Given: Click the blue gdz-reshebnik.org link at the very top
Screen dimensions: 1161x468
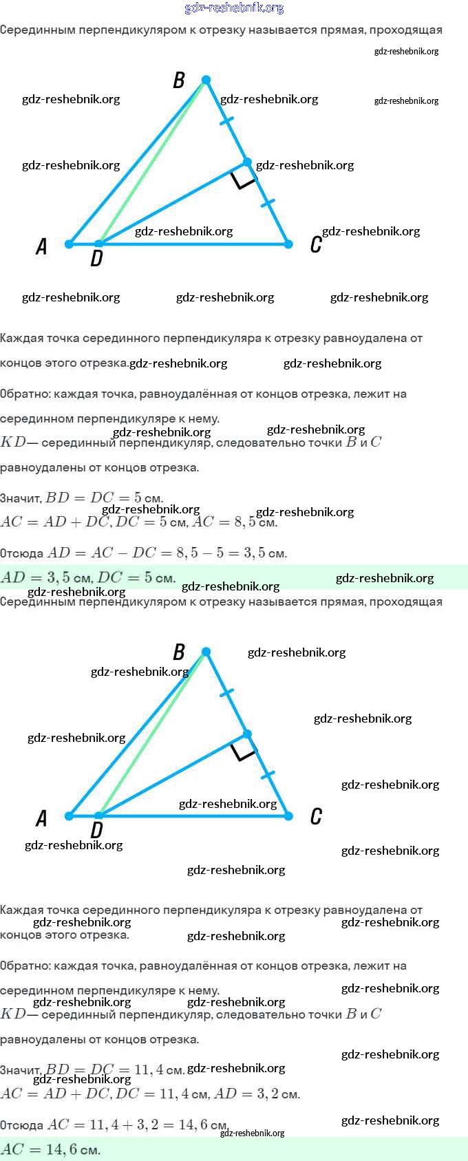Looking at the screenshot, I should click(234, 8).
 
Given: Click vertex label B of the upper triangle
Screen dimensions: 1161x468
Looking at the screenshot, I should click(179, 81).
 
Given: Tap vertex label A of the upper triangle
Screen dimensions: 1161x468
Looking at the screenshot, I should click(41, 246).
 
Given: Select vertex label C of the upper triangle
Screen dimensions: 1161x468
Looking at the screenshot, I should click(316, 244).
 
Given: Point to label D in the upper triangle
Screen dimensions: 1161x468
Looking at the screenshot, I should click(96, 259).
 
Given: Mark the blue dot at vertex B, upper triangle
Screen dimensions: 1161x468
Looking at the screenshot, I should click(206, 80).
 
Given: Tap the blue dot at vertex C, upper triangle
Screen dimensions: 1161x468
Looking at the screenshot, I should click(288, 244).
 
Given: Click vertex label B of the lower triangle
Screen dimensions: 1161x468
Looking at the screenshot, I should click(179, 652).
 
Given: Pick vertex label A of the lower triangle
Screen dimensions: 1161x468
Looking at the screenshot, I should click(41, 818).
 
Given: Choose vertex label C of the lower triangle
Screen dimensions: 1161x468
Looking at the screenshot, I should click(316, 816).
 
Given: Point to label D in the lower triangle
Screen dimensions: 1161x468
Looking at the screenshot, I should click(96, 831).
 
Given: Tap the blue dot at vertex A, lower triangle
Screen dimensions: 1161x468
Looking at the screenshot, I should click(69, 816).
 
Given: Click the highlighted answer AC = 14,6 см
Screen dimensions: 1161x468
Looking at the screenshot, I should click(51, 1149).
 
